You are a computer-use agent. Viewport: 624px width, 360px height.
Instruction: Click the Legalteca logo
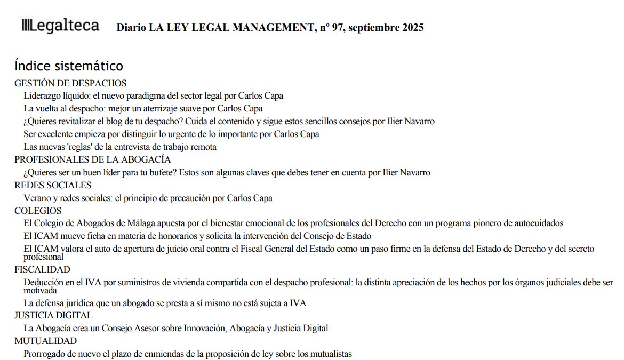coord(60,26)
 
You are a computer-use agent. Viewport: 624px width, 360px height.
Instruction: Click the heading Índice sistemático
coord(69,66)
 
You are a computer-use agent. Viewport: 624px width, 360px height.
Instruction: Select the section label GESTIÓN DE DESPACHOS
coord(70,83)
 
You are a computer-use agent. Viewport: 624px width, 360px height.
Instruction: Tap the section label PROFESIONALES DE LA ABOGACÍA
coord(92,159)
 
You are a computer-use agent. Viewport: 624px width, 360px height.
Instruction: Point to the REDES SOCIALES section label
coord(53,185)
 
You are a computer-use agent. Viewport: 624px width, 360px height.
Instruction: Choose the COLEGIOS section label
coord(38,211)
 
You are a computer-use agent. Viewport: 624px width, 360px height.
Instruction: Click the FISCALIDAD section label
coord(42,269)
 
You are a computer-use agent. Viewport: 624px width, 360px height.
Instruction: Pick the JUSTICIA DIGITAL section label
coord(53,315)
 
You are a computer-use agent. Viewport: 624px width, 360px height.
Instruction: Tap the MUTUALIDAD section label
coord(45,341)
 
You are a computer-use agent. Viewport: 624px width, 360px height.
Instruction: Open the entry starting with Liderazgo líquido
coord(154,96)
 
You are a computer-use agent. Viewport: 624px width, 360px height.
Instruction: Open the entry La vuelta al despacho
coord(143,109)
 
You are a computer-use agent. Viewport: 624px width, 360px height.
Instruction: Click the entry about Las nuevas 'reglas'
coord(120,147)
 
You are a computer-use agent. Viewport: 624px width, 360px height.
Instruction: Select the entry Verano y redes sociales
coord(148,198)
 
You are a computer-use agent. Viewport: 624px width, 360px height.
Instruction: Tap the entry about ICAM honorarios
coord(197,236)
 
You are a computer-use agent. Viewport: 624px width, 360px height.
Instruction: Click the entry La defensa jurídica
coord(165,303)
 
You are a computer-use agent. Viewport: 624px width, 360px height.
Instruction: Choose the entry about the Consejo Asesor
coord(176,328)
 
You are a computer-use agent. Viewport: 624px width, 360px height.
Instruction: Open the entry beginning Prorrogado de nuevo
coord(188,354)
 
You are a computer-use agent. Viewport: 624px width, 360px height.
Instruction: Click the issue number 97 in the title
coord(337,28)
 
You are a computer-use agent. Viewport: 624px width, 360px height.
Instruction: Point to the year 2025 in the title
coord(412,28)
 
